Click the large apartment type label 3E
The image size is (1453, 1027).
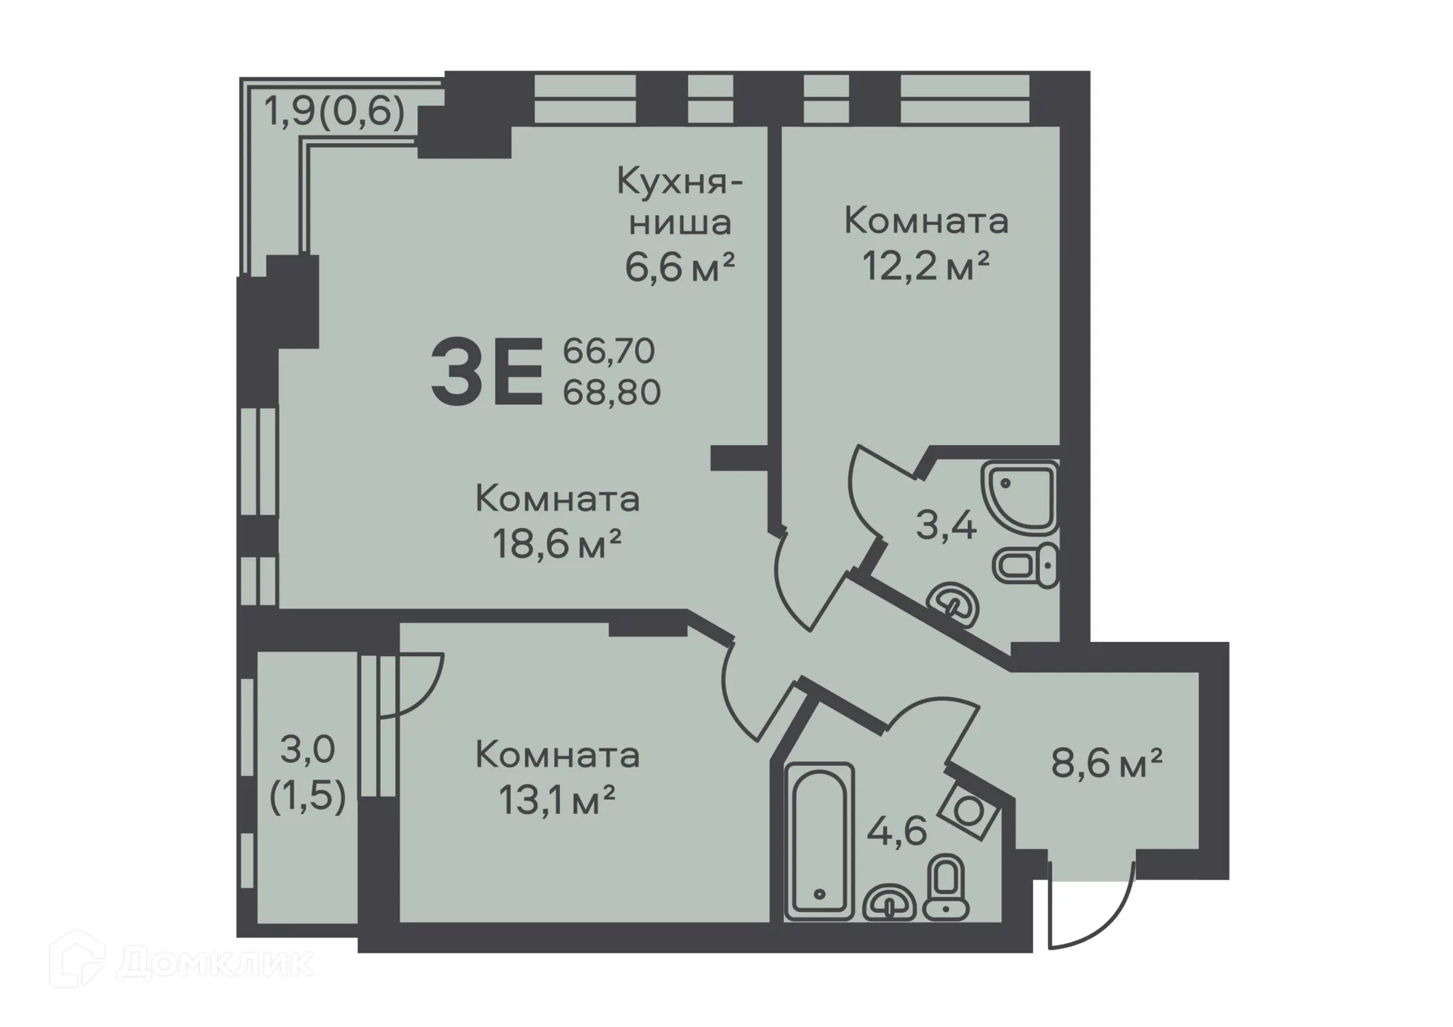tap(487, 372)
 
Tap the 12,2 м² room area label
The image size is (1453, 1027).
tap(926, 267)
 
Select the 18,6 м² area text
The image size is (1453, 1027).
tap(557, 543)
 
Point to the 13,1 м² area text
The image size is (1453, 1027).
tap(557, 800)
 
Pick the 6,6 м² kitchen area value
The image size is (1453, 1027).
tap(680, 267)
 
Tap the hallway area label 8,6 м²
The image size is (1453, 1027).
tap(1106, 764)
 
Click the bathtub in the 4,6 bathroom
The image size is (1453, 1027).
tap(820, 840)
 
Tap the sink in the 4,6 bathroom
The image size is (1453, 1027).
tap(889, 902)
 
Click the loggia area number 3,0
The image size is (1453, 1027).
tap(307, 750)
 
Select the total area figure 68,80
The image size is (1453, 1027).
tap(611, 393)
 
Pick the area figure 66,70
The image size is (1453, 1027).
tap(608, 351)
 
